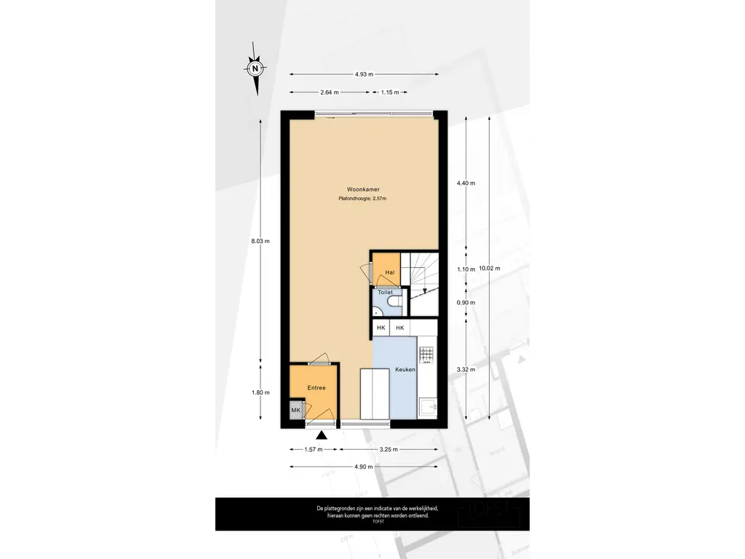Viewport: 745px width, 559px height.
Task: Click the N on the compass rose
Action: [x=255, y=68]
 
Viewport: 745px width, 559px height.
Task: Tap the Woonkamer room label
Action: [x=363, y=189]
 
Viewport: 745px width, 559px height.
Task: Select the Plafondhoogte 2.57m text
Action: [x=362, y=199]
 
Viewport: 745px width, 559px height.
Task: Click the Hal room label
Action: [x=390, y=272]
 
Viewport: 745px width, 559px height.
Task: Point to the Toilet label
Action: [x=386, y=293]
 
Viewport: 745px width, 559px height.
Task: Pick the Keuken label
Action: [x=405, y=369]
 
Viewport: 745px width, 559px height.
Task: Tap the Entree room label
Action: [x=316, y=388]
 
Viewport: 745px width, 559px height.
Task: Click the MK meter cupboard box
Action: [x=296, y=411]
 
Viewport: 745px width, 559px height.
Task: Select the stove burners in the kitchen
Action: [x=426, y=355]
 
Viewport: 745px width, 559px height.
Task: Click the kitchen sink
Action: [x=428, y=408]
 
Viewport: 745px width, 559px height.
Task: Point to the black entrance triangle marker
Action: [x=322, y=435]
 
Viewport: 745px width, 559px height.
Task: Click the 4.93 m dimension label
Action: [x=364, y=74]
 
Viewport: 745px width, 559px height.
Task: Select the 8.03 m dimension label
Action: [x=260, y=241]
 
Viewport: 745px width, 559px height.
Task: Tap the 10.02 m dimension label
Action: [x=490, y=268]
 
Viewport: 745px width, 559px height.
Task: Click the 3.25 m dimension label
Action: [x=389, y=449]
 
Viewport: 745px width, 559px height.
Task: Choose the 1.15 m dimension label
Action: [x=390, y=92]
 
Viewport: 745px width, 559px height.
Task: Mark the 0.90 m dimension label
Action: [x=466, y=302]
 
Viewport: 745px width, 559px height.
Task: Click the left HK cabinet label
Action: [x=381, y=328]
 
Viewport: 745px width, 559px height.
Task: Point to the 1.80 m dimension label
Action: [x=260, y=392]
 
